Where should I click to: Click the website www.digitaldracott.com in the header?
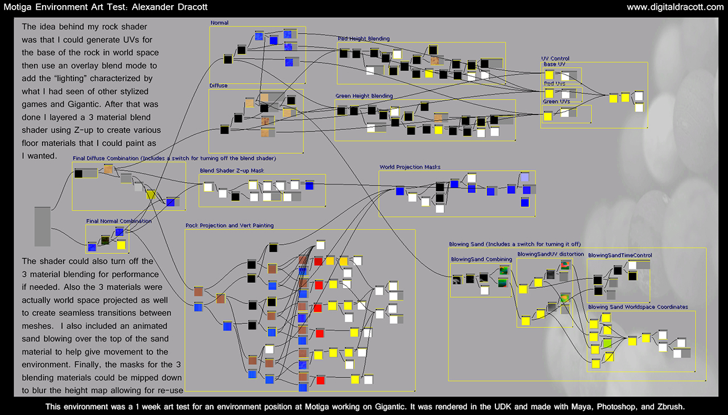675,7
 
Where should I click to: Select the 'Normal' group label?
220,23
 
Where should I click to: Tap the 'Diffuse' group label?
218,85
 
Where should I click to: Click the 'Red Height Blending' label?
363,39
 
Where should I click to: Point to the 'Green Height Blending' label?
364,96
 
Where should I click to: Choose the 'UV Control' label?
555,59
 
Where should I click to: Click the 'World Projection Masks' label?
410,167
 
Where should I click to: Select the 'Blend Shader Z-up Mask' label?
231,171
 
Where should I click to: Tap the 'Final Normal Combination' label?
119,221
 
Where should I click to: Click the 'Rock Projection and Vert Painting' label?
229,225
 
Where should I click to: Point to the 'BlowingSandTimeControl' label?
620,256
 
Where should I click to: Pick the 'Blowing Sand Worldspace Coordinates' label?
638,307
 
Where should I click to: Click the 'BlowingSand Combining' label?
481,260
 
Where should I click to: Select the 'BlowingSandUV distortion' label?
551,254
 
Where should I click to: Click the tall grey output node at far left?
43,227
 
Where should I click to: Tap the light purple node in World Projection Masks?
525,176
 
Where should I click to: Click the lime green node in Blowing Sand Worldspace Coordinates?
607,343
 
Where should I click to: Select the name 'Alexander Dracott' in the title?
169,7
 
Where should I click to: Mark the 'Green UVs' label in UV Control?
556,102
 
